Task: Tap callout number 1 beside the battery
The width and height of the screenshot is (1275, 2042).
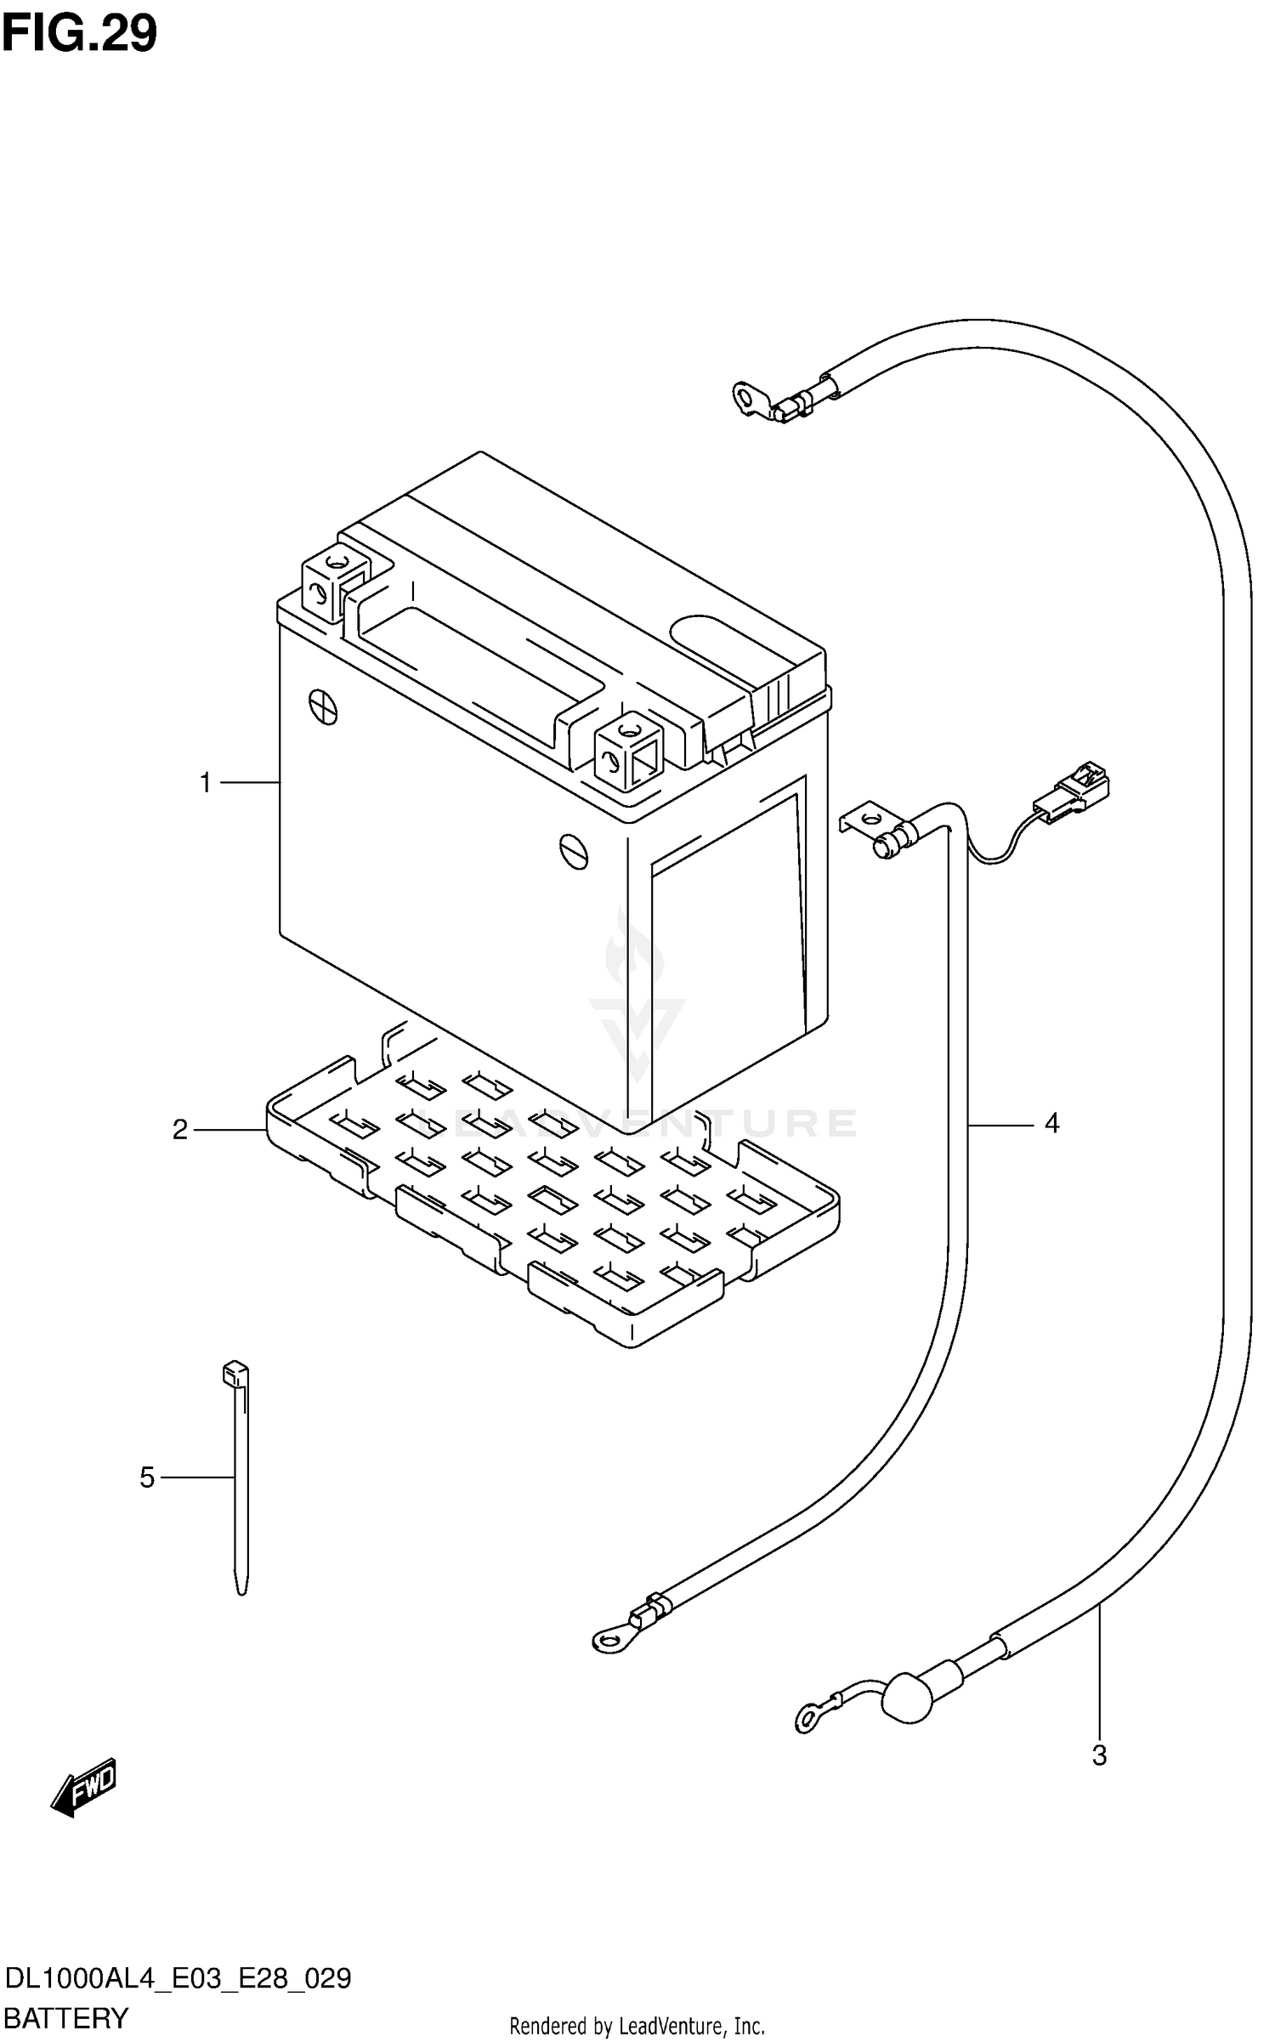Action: (x=205, y=782)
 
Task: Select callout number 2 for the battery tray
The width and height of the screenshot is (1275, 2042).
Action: (x=180, y=1130)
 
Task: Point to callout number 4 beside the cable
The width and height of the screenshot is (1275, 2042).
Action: (x=1051, y=1124)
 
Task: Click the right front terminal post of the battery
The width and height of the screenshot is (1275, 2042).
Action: (x=629, y=747)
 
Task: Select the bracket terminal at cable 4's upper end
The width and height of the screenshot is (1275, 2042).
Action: (x=867, y=823)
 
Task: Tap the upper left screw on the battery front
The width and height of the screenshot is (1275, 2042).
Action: (x=324, y=705)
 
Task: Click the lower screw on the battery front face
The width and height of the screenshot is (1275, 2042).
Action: (x=574, y=851)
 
